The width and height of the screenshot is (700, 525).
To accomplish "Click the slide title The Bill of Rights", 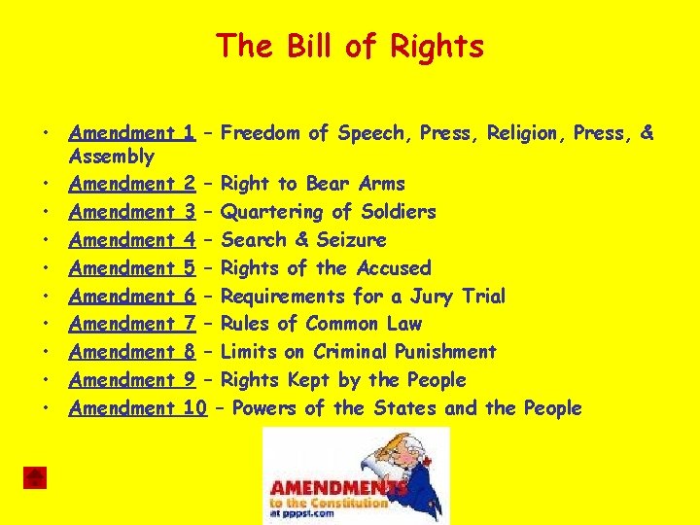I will click(x=350, y=46).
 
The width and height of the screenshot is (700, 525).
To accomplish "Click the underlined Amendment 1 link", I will click(x=133, y=133).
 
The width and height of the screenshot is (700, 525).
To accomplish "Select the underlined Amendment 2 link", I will click(x=133, y=184).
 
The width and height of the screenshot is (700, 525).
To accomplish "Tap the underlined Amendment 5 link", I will click(x=133, y=267).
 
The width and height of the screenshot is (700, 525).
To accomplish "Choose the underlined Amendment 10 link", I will click(x=138, y=408).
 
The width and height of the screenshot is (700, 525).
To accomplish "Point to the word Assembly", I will click(x=112, y=157).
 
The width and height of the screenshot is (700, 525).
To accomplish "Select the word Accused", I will click(x=393, y=267).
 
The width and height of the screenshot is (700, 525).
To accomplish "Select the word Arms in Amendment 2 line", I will click(x=382, y=184).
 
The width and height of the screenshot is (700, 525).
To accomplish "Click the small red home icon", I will click(x=35, y=476).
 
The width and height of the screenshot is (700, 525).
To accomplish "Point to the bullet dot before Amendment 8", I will click(x=46, y=352).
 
